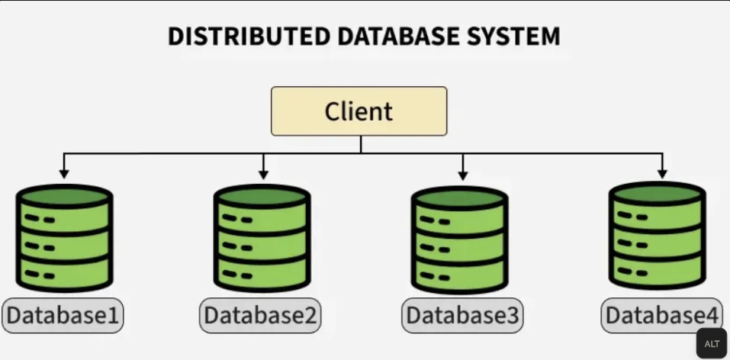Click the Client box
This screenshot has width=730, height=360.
[359, 111]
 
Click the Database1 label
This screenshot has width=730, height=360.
[63, 315]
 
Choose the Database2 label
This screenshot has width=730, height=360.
[260, 315]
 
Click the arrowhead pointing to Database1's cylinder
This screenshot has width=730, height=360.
[65, 175]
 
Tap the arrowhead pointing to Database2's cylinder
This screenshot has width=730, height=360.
[263, 175]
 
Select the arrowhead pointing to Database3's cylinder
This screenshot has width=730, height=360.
[463, 175]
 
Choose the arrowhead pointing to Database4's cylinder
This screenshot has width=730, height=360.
[662, 175]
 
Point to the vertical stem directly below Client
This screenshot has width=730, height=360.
[360, 145]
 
